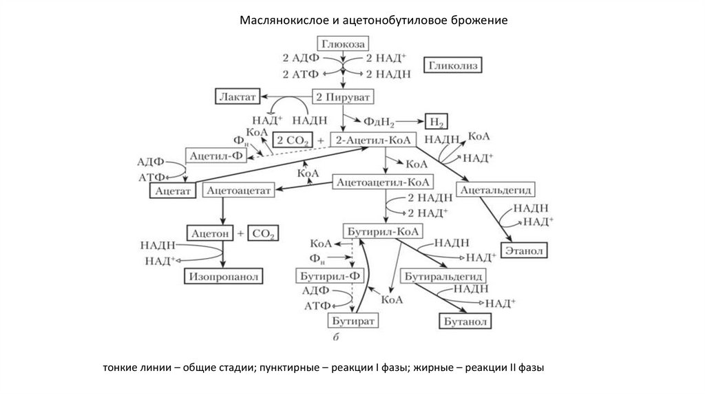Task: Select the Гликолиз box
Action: click(453, 66)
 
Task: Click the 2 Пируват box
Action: click(342, 96)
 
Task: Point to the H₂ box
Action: click(436, 122)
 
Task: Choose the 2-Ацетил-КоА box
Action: click(374, 140)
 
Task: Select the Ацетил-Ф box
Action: click(215, 156)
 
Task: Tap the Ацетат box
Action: click(171, 190)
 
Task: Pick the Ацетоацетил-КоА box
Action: click(383, 182)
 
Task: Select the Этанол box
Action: click(525, 250)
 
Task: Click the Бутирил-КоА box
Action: click(383, 231)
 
